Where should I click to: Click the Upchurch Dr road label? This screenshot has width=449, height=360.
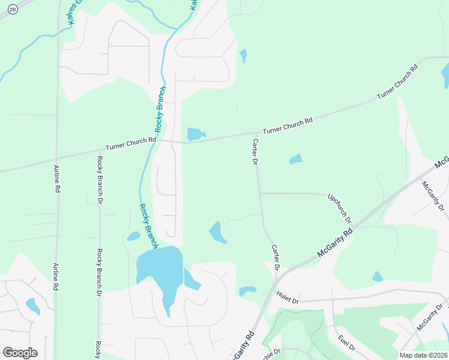click(x=340, y=208)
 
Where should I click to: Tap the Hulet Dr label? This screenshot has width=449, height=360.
click(x=288, y=296)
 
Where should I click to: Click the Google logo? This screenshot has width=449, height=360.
click(x=20, y=352)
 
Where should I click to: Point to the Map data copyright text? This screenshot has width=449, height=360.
click(x=423, y=355)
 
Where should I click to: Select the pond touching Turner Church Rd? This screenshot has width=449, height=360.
click(x=195, y=134)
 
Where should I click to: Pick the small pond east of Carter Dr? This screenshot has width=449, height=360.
click(x=295, y=160)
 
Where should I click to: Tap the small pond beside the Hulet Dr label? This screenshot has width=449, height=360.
click(x=247, y=291)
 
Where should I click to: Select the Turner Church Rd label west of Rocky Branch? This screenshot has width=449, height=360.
click(x=131, y=143)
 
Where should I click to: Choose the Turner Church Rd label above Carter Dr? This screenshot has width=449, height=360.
click(x=288, y=125)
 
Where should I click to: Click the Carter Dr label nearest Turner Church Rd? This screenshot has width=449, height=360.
click(x=255, y=151)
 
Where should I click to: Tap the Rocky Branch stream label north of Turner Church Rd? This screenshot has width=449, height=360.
click(x=160, y=109)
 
